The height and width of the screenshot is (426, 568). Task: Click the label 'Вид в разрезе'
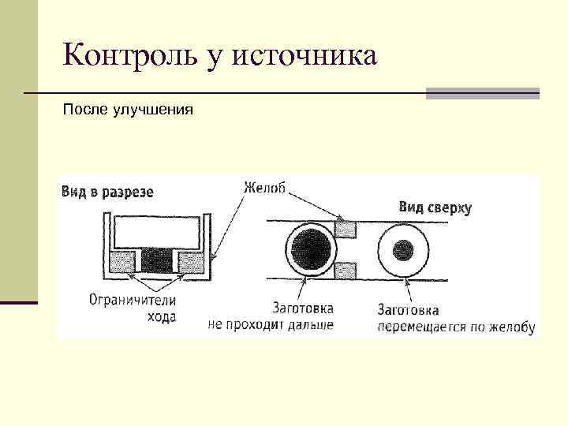pyautogui.click(x=107, y=192)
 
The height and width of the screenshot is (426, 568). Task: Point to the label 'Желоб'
pyautogui.click(x=264, y=189)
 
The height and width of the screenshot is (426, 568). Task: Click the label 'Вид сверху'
pyautogui.click(x=435, y=207)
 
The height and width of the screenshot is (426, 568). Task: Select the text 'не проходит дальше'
pyautogui.click(x=271, y=324)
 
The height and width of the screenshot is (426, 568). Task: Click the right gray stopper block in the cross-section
pyautogui.click(x=189, y=260)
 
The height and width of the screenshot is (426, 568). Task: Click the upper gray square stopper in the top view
pyautogui.click(x=345, y=230)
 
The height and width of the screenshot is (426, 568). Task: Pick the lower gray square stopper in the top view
pyautogui.click(x=345, y=271)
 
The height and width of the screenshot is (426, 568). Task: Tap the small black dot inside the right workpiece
pyautogui.click(x=403, y=250)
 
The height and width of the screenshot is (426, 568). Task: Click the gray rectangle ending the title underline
pyautogui.click(x=482, y=93)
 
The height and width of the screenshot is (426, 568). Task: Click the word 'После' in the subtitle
pyautogui.click(x=80, y=110)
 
